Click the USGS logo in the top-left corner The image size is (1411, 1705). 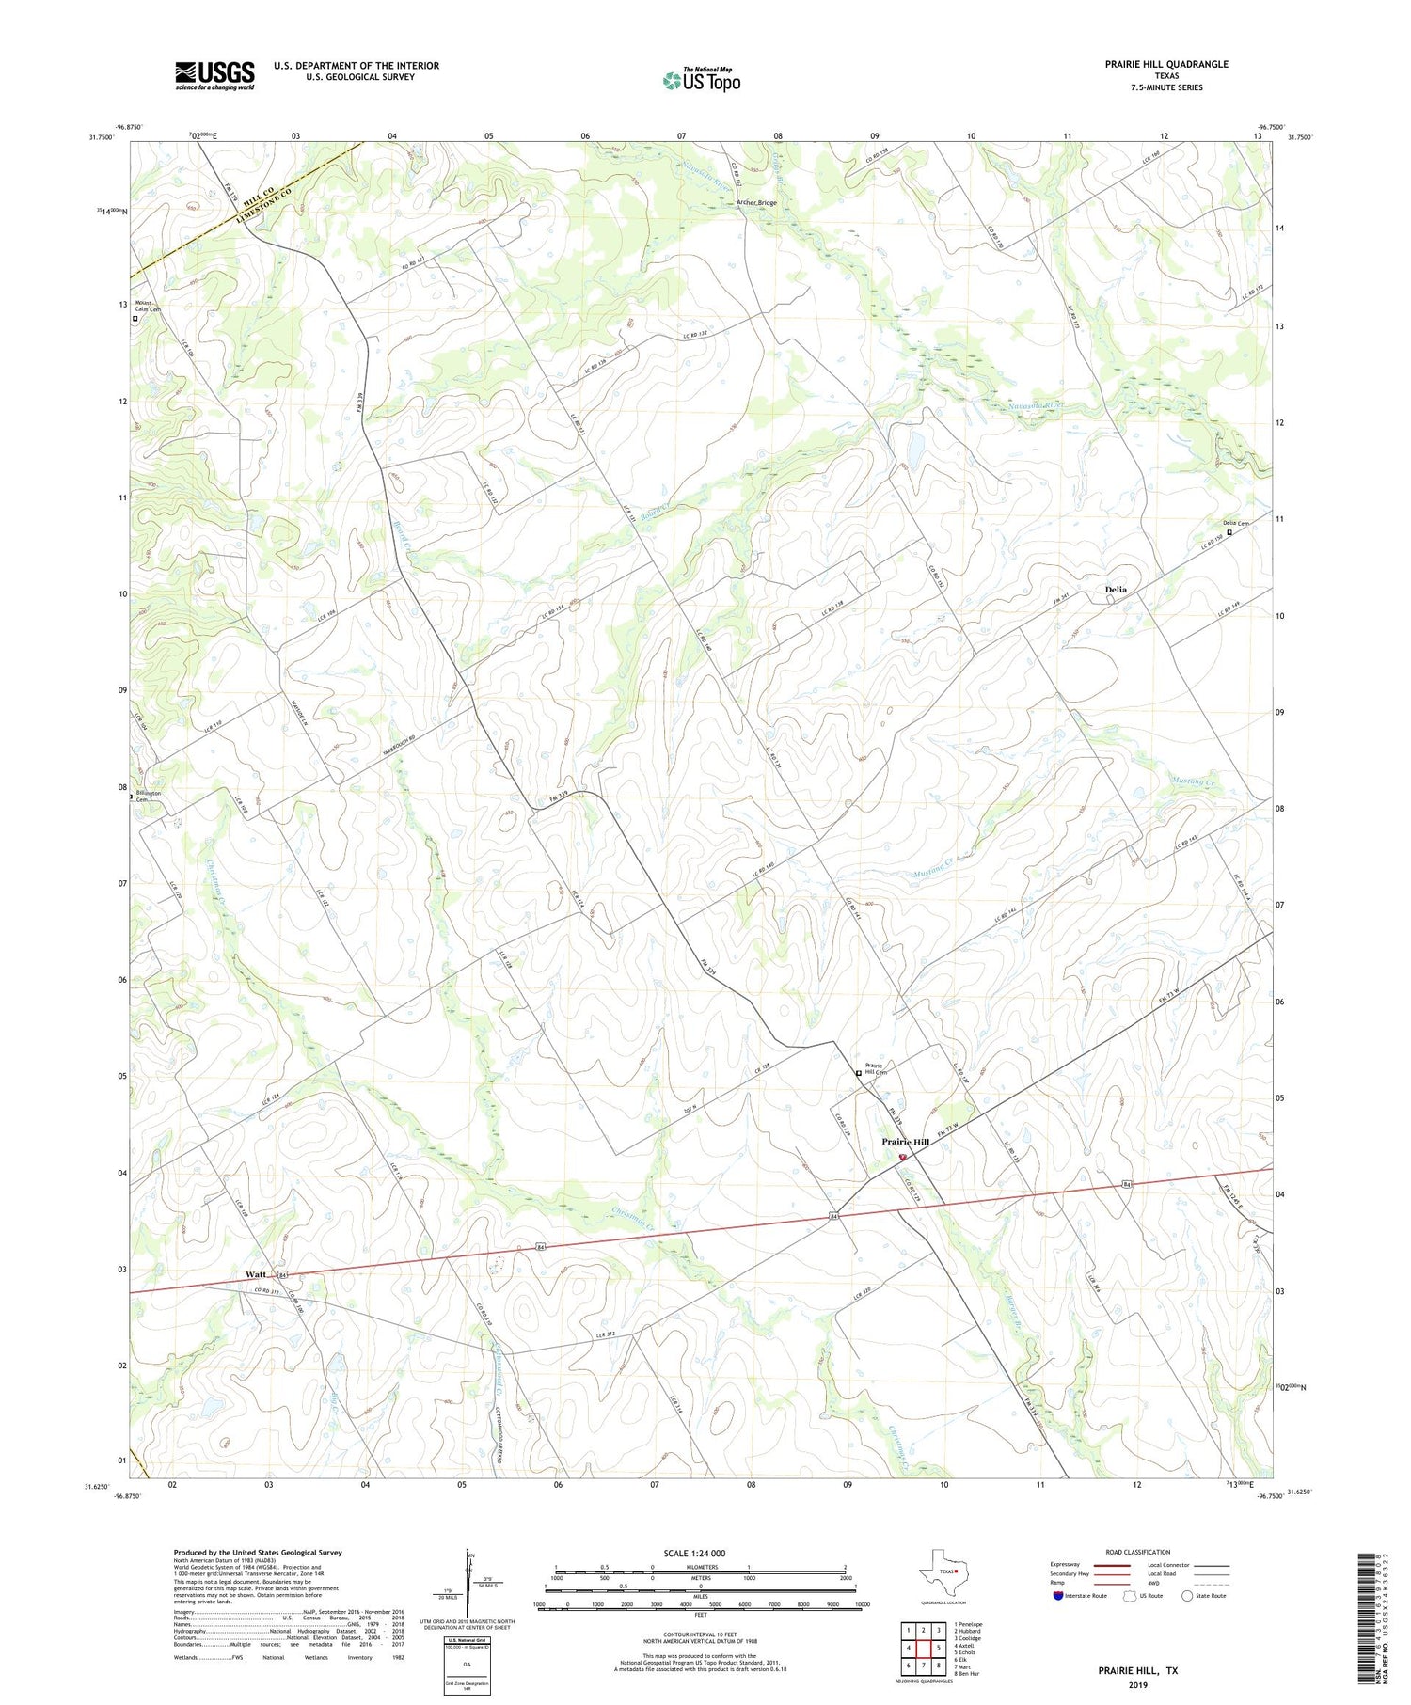tap(214, 75)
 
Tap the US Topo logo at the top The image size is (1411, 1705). tap(702, 81)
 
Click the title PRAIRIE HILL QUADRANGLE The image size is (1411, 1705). tap(1166, 64)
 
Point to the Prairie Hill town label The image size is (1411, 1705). tap(905, 1142)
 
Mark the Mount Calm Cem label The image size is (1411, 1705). tap(148, 307)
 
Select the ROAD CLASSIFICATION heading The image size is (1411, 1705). tap(1137, 1552)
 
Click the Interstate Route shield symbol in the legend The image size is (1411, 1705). tap(1058, 1596)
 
